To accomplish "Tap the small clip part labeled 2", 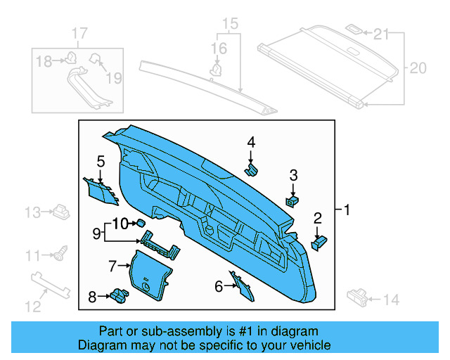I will (x=319, y=242).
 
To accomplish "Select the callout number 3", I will (x=294, y=175).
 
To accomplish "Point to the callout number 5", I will (x=101, y=162).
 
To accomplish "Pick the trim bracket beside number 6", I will (x=240, y=284).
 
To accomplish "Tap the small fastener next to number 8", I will (x=117, y=296).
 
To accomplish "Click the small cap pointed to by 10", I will (x=141, y=223).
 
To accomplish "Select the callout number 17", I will (x=79, y=33).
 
